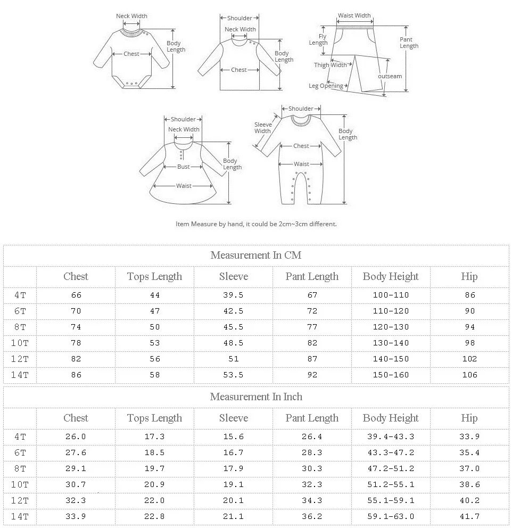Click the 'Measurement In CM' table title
pos(255,255)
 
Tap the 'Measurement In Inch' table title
pos(255,397)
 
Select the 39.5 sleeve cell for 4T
pos(233,295)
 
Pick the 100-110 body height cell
pos(391,295)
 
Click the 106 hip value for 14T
pos(469,375)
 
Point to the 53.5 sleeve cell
pos(233,375)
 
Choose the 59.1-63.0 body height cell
pos(391,516)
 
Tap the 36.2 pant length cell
pos(312,516)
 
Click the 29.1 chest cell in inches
pos(76,468)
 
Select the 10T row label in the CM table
pos(20,343)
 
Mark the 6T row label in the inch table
pos(20,452)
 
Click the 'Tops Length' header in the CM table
pos(154,276)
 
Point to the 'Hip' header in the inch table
pos(469,418)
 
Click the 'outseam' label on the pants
pos(390,76)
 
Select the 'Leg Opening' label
pos(326,86)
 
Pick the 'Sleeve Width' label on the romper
pos(263,128)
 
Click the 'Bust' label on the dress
pos(183,167)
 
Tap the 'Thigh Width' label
pos(330,65)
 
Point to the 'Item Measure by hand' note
pos(256,224)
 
